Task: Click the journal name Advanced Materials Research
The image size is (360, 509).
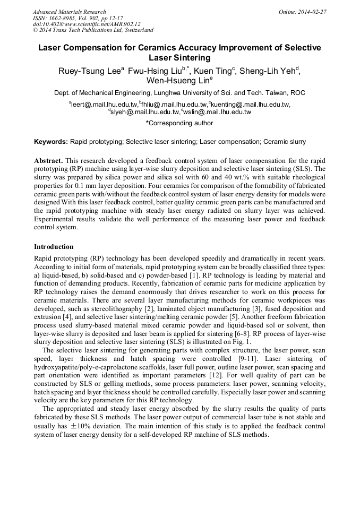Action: (69, 12)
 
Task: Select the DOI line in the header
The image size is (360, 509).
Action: (87, 24)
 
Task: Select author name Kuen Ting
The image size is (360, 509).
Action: (215, 71)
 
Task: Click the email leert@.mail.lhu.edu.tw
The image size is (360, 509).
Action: (103, 105)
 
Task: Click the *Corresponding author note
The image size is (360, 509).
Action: (179, 123)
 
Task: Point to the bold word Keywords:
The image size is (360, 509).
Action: (51, 142)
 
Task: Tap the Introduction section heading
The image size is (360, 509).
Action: (54, 247)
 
